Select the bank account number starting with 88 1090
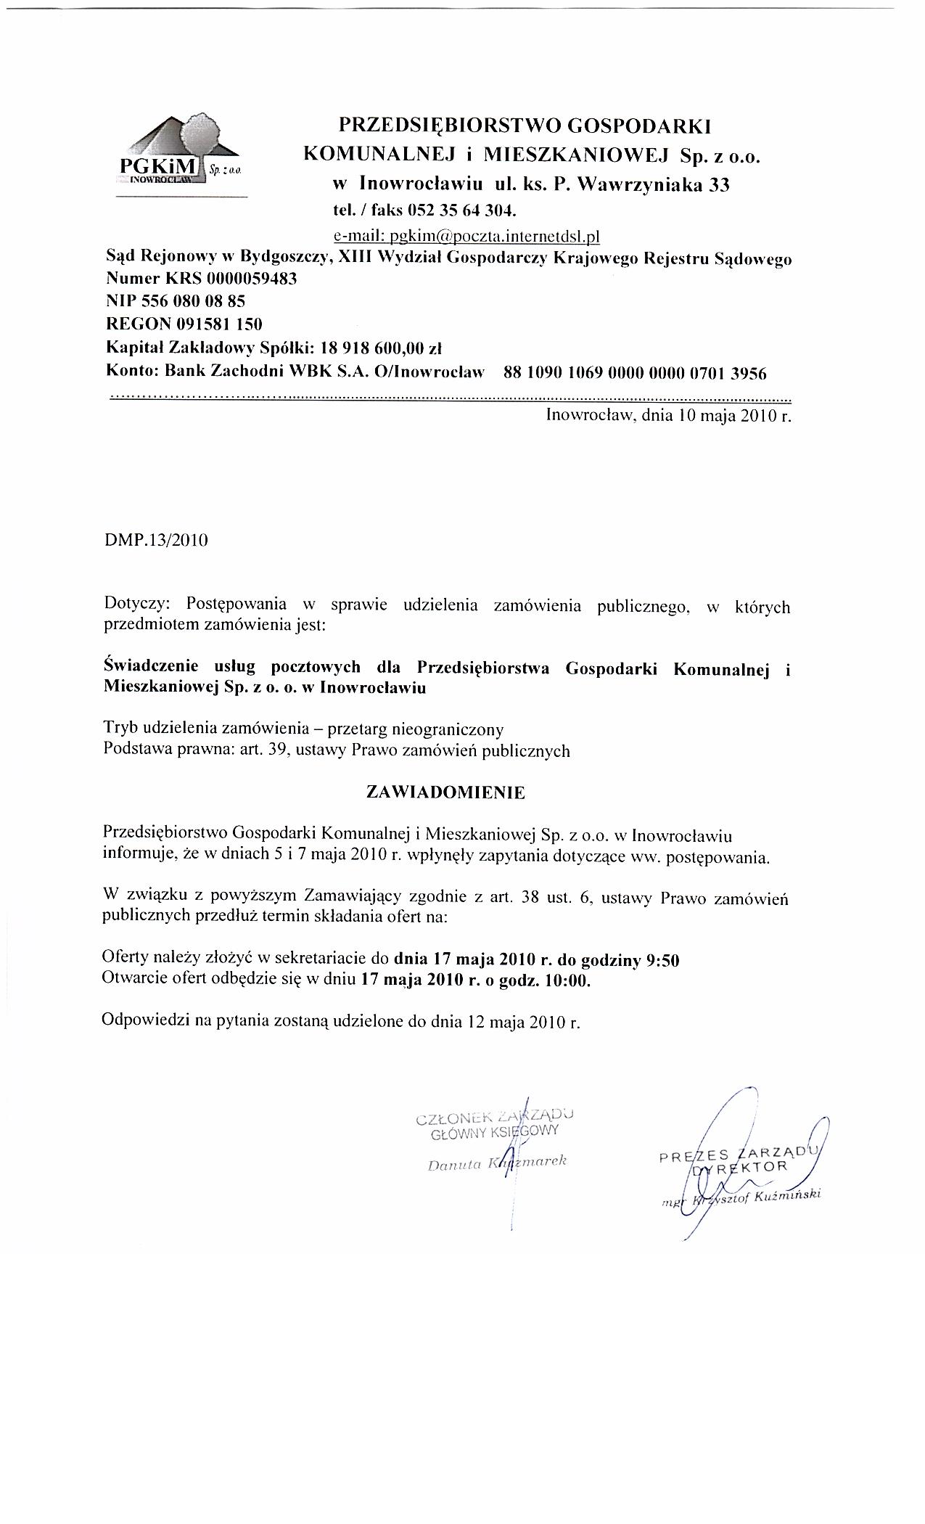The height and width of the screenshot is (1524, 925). pyautogui.click(x=634, y=374)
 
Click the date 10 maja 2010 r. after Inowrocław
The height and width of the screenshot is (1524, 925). pyautogui.click(x=732, y=417)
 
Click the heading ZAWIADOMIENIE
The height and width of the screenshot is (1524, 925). pyautogui.click(x=445, y=792)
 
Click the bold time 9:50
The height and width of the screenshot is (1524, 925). pyautogui.click(x=661, y=961)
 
